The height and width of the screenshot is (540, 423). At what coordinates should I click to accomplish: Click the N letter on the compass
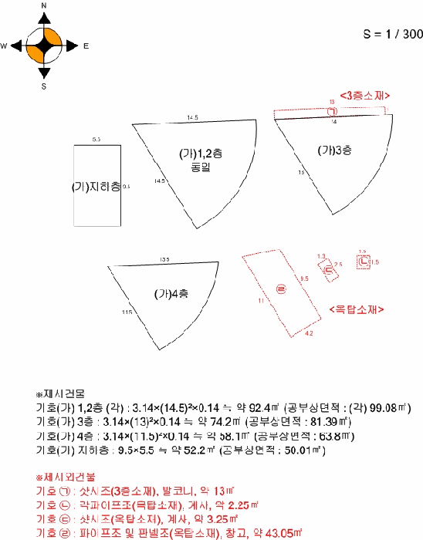click(x=44, y=5)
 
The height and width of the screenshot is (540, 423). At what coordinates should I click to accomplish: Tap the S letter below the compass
click(x=44, y=86)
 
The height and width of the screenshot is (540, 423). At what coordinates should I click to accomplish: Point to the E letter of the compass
click(x=85, y=46)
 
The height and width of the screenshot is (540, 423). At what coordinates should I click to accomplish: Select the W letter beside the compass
click(x=4, y=46)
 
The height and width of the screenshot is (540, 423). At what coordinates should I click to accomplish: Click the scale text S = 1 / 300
click(x=393, y=35)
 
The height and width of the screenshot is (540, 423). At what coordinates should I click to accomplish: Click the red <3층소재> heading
click(x=364, y=95)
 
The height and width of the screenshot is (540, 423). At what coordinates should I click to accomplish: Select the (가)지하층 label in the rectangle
click(x=96, y=187)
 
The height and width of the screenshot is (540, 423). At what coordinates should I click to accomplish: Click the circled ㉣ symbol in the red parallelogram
click(x=280, y=289)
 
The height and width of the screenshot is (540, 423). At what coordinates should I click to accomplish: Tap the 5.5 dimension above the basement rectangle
click(x=96, y=140)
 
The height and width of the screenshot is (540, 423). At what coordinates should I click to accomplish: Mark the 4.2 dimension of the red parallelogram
click(x=309, y=333)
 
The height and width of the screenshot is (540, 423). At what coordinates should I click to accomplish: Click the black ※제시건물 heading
click(x=56, y=393)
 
